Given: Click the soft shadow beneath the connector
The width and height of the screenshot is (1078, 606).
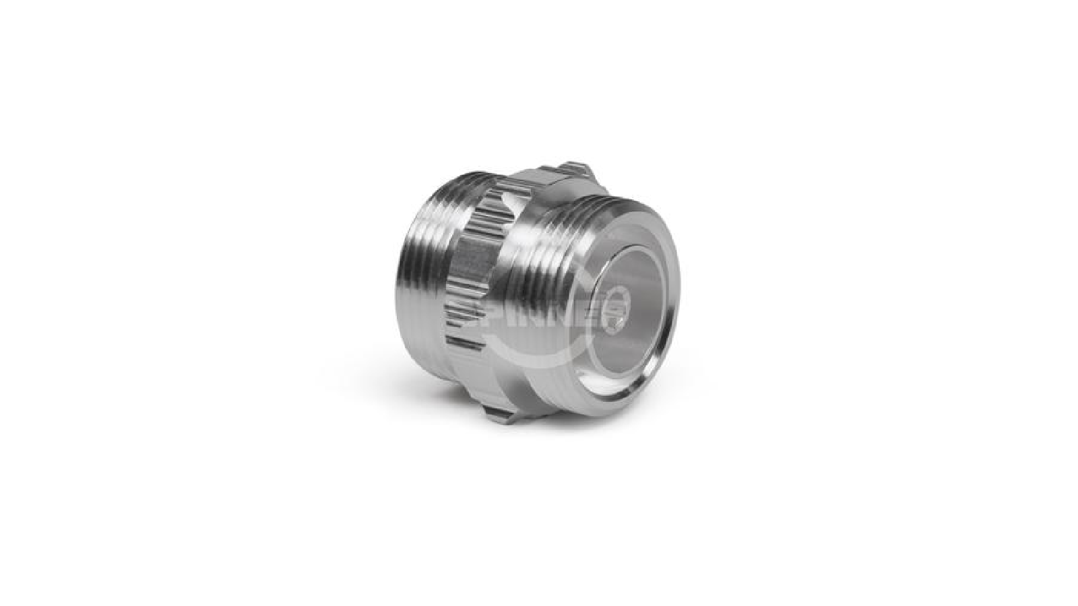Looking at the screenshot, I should (x=539, y=438).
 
